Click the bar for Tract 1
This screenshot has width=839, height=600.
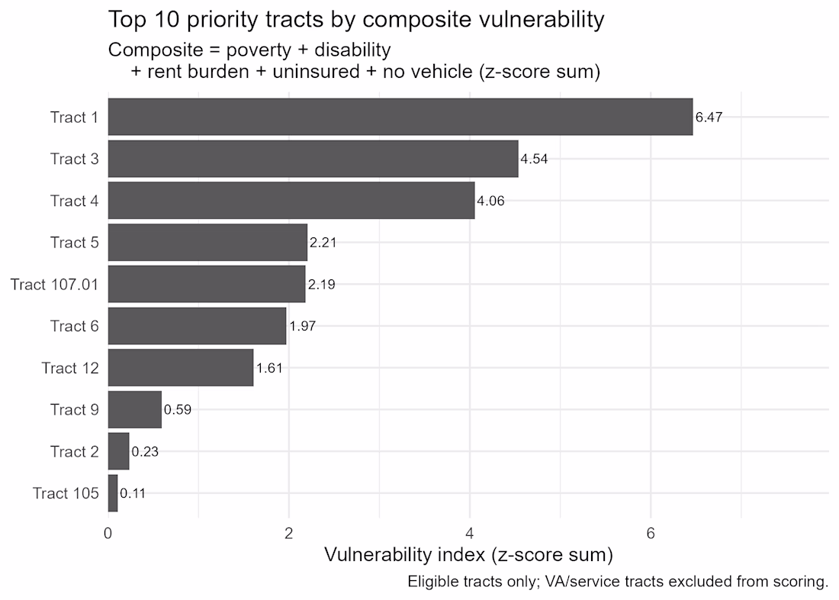[x=400, y=117]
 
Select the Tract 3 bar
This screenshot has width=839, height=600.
[x=313, y=159]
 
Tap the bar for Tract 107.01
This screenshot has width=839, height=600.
[x=206, y=284]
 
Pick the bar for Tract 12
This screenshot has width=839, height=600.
[x=180, y=368]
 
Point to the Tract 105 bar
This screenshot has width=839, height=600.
[x=113, y=493]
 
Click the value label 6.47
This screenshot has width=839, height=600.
[x=709, y=118]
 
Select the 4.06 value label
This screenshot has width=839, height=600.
[x=490, y=202]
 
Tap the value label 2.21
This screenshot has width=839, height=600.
[x=323, y=243]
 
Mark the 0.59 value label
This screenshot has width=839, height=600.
[x=177, y=410]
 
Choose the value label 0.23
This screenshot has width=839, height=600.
[x=144, y=452]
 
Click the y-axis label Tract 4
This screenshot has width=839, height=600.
[x=74, y=201]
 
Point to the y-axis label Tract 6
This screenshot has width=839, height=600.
[x=74, y=326]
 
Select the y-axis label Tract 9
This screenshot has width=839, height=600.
[x=74, y=410]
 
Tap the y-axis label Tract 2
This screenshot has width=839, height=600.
[x=74, y=452]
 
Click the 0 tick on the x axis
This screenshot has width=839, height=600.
[x=108, y=534]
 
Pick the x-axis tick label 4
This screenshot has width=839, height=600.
[x=470, y=534]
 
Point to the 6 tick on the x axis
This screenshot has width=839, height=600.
[x=651, y=534]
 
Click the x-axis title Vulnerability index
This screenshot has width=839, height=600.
[x=468, y=555]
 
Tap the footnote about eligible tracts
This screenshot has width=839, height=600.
[x=618, y=582]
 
